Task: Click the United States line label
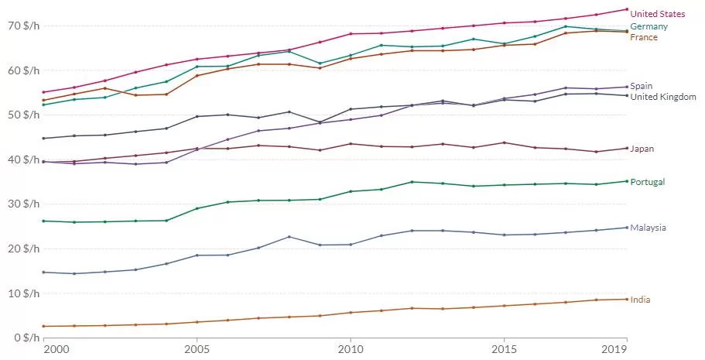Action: pyautogui.click(x=657, y=14)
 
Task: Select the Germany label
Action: pyautogui.click(x=649, y=26)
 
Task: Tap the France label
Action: pyautogui.click(x=644, y=37)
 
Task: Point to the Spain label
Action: pyautogui.click(x=641, y=86)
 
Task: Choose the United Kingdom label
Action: pyautogui.click(x=663, y=97)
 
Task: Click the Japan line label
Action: pyautogui.click(x=642, y=149)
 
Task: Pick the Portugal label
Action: pyautogui.click(x=648, y=182)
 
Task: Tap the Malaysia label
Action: pyautogui.click(x=648, y=228)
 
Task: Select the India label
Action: pyautogui.click(x=640, y=300)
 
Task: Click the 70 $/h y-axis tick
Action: pyautogui.click(x=24, y=26)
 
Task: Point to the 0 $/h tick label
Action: pyautogui.click(x=26, y=338)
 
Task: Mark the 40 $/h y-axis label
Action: pyautogui.click(x=24, y=159)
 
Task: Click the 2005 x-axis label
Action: pyautogui.click(x=197, y=349)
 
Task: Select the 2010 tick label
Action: pyautogui.click(x=351, y=349)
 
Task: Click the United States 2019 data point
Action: pyautogui.click(x=627, y=9)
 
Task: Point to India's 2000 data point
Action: pyautogui.click(x=43, y=326)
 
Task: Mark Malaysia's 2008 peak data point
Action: pyautogui.click(x=289, y=237)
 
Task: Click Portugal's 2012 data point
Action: pyautogui.click(x=412, y=182)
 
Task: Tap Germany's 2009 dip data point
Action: pyautogui.click(x=320, y=63)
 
